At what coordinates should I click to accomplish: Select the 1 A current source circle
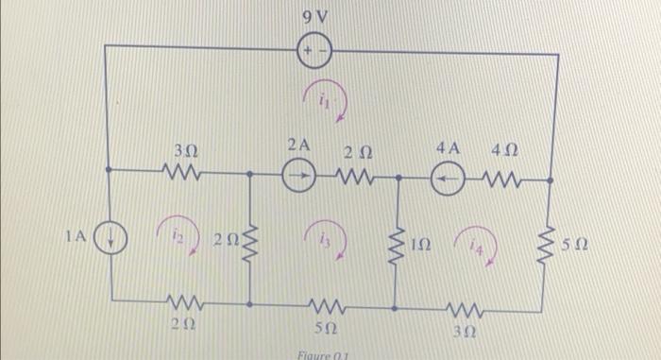[x=110, y=239]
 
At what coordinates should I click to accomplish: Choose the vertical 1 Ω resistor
[x=398, y=243]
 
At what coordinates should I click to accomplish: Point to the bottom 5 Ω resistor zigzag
[x=326, y=305]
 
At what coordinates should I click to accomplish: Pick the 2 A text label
[x=298, y=145]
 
